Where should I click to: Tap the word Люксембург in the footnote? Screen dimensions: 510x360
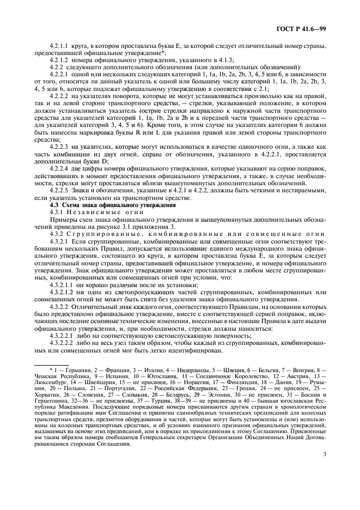click(49, 384)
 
